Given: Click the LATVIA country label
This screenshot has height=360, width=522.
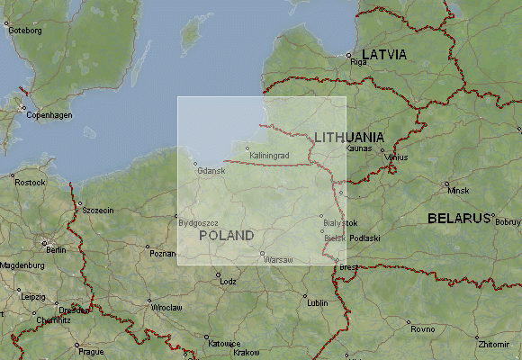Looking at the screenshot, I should tap(384, 55).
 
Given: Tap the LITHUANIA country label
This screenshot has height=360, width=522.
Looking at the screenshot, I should tap(349, 137).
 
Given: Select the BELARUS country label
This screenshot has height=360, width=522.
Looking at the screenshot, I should tap(458, 219).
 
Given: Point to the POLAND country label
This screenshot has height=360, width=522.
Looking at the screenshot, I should tap(226, 236).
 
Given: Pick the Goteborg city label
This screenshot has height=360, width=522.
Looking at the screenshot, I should tap(24, 30).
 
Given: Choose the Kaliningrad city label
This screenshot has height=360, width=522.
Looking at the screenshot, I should tap(269, 156).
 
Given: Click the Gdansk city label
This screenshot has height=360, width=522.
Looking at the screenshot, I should tap(209, 170).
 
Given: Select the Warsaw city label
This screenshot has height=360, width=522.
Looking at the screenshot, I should tap(278, 260).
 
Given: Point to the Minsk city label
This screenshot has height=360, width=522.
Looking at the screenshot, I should tap(458, 191).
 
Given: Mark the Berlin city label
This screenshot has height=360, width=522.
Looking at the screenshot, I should tap(56, 249).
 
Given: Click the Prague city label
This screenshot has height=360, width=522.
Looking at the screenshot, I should tap(91, 350).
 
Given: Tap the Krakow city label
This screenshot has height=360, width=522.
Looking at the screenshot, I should tap(247, 353).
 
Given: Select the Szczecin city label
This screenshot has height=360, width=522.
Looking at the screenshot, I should tap(97, 210).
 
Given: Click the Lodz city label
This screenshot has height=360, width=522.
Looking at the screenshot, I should tap(227, 282).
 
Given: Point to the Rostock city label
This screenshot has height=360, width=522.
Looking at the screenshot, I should tap(30, 183).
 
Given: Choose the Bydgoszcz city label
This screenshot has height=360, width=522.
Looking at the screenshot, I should tap(199, 221).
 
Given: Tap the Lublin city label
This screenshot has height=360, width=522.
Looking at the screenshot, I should tap(318, 303).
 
